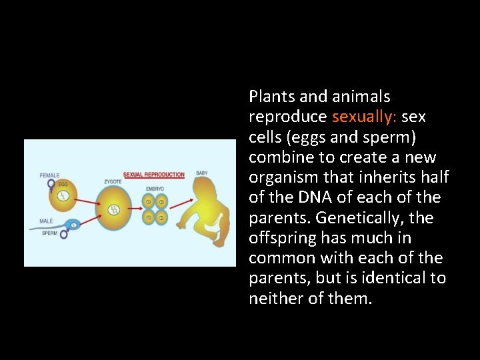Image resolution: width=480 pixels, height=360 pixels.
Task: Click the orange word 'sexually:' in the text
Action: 364,117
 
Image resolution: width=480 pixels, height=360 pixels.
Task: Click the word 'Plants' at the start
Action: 269,97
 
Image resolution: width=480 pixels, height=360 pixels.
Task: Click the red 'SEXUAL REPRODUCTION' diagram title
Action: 154,175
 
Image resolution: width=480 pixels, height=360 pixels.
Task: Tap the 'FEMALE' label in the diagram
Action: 50,175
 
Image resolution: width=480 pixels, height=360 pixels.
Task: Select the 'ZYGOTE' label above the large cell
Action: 113,180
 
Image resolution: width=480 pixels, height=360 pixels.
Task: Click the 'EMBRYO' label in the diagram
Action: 155,189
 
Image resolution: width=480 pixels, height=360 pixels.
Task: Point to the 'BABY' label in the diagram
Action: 201,173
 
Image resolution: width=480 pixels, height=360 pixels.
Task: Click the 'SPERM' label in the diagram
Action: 49,233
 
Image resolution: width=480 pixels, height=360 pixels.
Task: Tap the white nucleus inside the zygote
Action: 115,210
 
